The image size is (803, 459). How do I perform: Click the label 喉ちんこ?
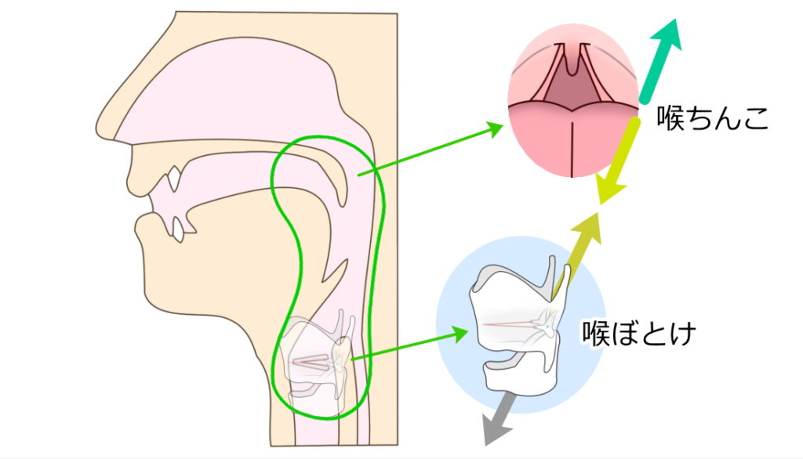[712, 121]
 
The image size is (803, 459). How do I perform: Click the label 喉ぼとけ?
[638, 334]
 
